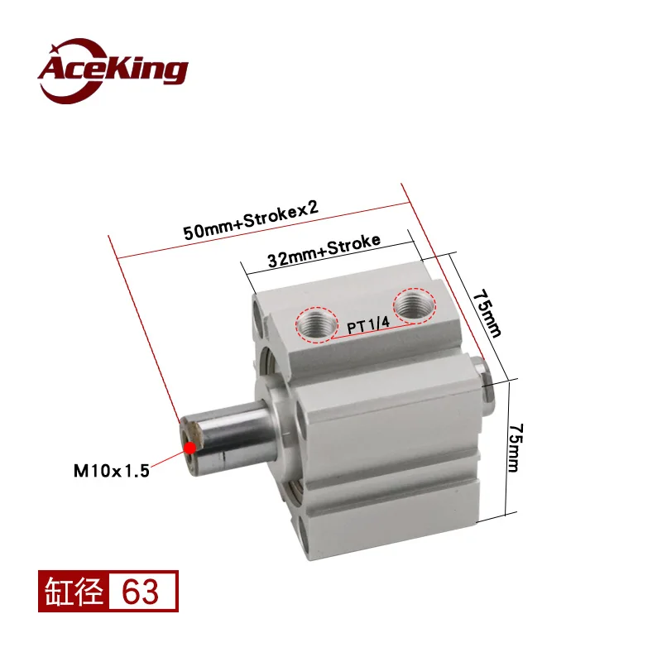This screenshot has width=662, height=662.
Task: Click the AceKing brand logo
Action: (113, 70)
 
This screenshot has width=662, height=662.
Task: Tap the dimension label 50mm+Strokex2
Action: (251, 220)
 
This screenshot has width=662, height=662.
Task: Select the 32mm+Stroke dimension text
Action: (324, 251)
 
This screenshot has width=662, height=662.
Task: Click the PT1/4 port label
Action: (368, 325)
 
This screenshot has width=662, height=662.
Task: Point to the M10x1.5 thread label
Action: (112, 471)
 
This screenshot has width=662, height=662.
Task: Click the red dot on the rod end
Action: (190, 448)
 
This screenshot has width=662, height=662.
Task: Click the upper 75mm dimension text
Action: (487, 314)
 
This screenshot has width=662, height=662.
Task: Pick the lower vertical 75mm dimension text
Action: (515, 448)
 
